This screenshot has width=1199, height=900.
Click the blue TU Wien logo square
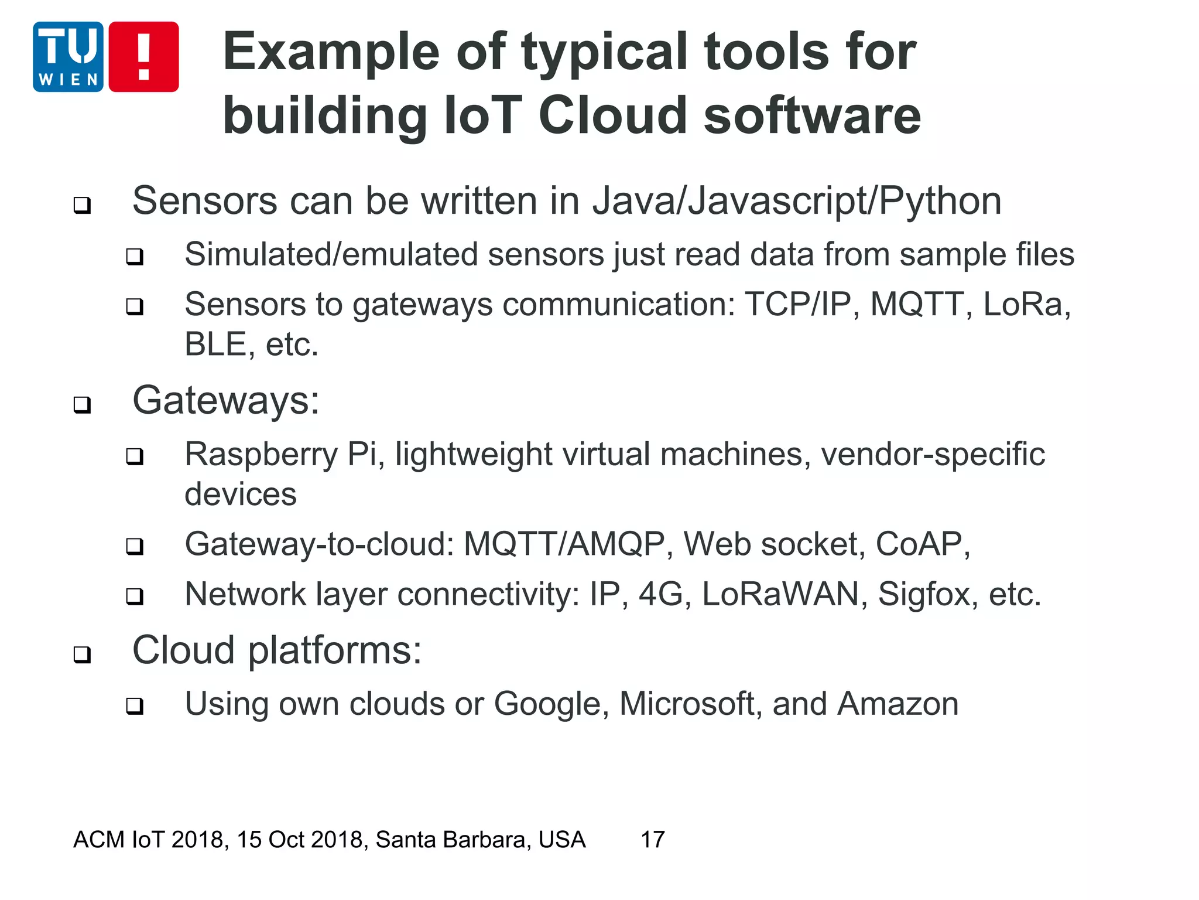pyautogui.click(x=68, y=57)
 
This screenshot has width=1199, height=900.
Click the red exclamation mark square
pyautogui.click(x=143, y=57)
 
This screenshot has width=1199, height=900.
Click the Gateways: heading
pyautogui.click(x=226, y=401)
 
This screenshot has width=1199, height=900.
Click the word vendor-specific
pyautogui.click(x=933, y=455)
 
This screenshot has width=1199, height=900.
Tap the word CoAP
pyautogui.click(x=922, y=544)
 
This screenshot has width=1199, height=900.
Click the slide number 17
pyautogui.click(x=653, y=840)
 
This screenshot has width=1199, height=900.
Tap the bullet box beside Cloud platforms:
pyautogui.click(x=83, y=654)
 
